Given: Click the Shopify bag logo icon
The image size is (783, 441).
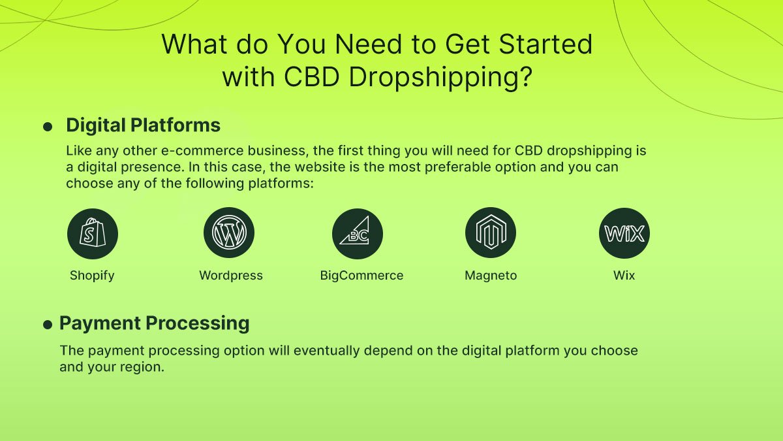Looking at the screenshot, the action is (93, 234).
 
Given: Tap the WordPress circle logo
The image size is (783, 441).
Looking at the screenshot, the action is (229, 233).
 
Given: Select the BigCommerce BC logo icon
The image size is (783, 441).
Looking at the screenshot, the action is (358, 234).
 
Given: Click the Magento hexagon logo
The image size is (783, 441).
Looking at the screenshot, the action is (491, 233).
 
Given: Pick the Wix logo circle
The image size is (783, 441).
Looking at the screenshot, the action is (624, 233).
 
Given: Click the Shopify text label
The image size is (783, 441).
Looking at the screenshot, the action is (92, 276).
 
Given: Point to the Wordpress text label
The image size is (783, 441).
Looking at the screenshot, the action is (231, 276).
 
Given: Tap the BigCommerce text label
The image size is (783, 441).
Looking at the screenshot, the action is (361, 276).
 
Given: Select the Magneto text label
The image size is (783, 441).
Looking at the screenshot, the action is (491, 276).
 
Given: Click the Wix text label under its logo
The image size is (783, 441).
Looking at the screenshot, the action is (624, 276).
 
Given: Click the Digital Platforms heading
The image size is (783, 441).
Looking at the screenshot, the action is (144, 125).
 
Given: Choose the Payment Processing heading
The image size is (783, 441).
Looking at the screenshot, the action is (155, 323).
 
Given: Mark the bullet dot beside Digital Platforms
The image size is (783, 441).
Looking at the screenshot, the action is (48, 127).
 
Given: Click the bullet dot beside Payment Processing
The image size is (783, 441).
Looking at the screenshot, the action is (48, 325).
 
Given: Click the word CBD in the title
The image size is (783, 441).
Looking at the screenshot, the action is (311, 76).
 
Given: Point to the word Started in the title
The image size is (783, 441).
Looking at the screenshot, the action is (545, 44).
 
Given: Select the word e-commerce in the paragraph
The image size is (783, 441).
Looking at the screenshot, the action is (202, 151).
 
